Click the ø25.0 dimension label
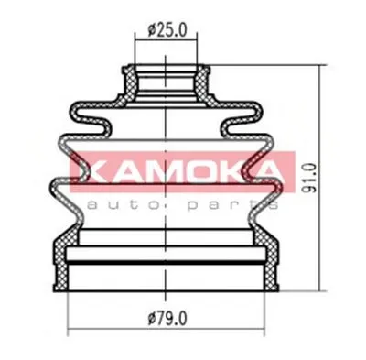click(167, 30)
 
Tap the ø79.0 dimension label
click(167, 319)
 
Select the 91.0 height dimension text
click(312, 178)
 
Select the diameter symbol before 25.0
click(152, 30)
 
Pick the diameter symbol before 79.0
click(152, 319)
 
